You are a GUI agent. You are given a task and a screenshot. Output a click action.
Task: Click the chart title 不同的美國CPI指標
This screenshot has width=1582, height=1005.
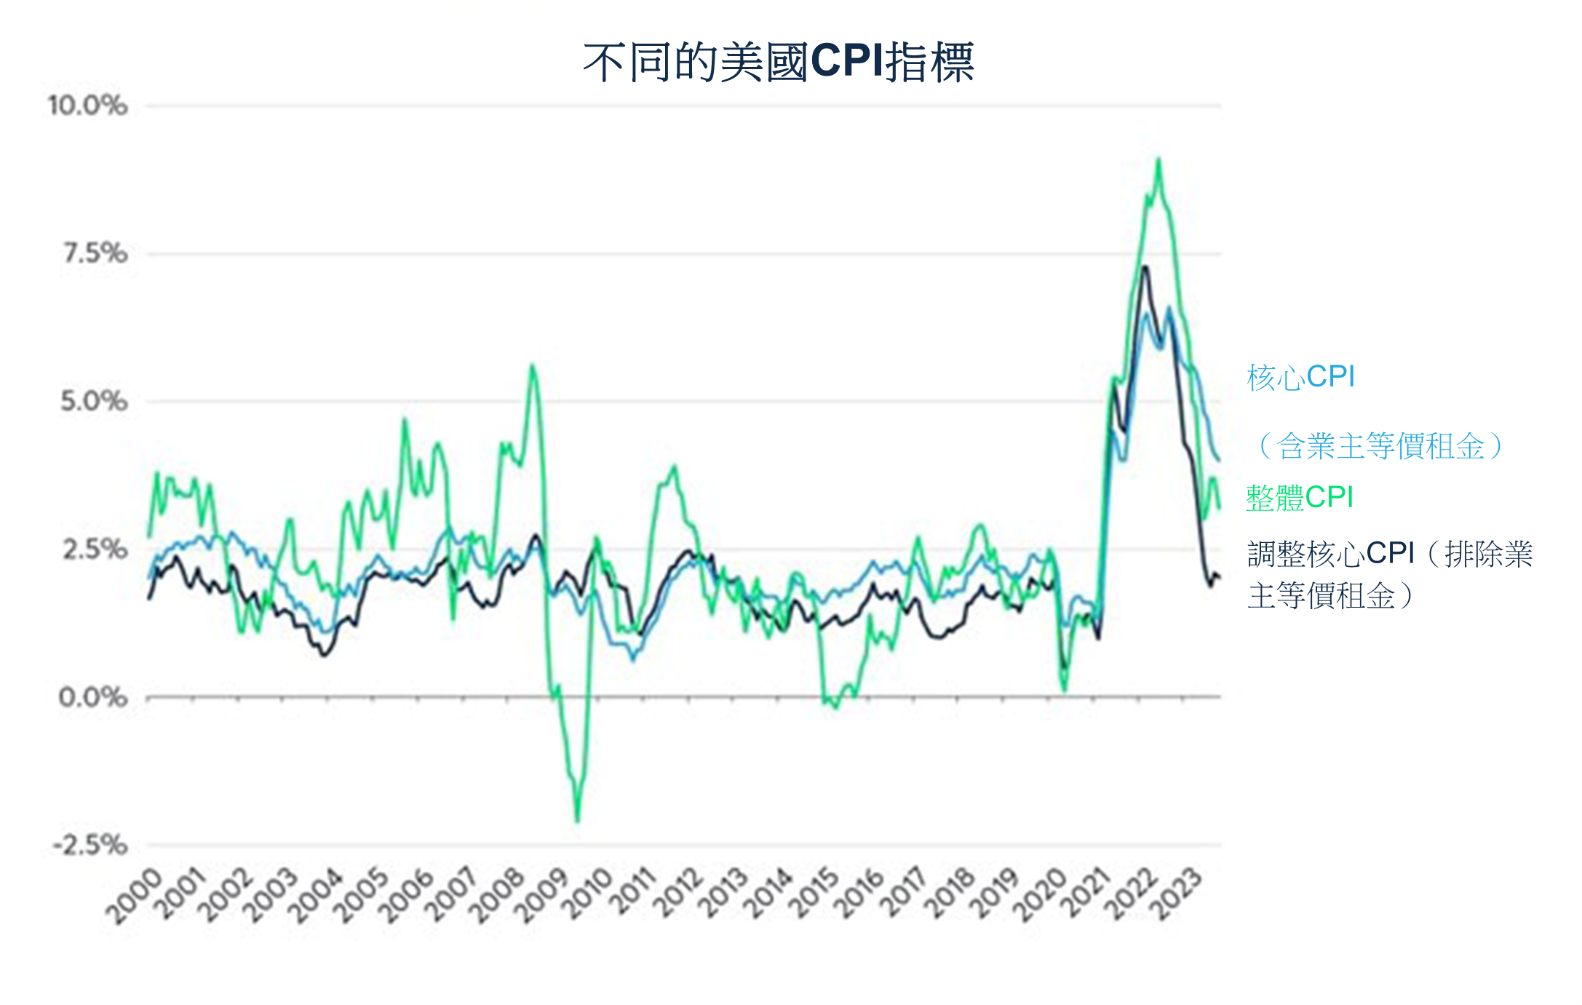pyautogui.click(x=778, y=62)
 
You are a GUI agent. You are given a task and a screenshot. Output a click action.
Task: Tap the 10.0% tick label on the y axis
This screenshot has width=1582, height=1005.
pyautogui.click(x=87, y=106)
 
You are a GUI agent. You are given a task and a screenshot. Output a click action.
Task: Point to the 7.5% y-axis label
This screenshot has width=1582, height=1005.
pyautogui.click(x=95, y=253)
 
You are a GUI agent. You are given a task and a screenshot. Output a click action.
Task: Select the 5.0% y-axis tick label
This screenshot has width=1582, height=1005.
pyautogui.click(x=93, y=401)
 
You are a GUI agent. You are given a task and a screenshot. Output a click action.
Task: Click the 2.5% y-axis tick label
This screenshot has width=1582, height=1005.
pyautogui.click(x=95, y=549)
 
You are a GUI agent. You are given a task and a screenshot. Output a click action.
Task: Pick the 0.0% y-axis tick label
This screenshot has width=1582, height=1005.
pyautogui.click(x=92, y=697)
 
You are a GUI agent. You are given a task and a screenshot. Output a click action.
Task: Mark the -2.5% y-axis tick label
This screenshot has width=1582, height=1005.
pyautogui.click(x=90, y=845)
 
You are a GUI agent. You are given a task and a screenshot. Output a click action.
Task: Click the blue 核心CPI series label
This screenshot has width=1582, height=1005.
pyautogui.click(x=1300, y=377)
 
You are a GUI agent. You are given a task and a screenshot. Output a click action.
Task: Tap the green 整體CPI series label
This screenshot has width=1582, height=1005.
pyautogui.click(x=1299, y=498)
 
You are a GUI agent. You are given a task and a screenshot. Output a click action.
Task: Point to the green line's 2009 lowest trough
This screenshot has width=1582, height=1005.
pyautogui.click(x=578, y=821)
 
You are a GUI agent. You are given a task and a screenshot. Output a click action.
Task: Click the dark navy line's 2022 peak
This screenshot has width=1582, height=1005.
pyautogui.click(x=1145, y=267)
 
